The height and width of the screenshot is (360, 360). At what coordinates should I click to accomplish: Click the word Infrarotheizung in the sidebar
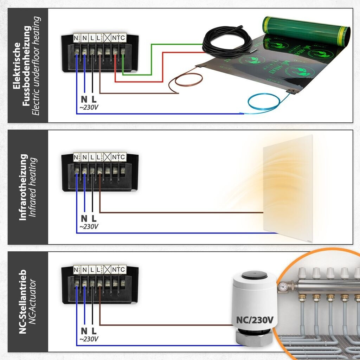tap(23, 187)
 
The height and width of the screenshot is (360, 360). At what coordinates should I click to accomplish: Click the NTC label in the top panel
tap(119, 38)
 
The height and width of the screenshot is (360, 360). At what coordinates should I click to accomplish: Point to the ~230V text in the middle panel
tap(89, 227)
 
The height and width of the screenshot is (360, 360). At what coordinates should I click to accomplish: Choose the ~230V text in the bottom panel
tap(89, 339)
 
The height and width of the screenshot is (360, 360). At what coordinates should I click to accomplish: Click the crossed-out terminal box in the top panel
tap(107, 38)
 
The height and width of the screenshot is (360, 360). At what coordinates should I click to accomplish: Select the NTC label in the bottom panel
tap(119, 270)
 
